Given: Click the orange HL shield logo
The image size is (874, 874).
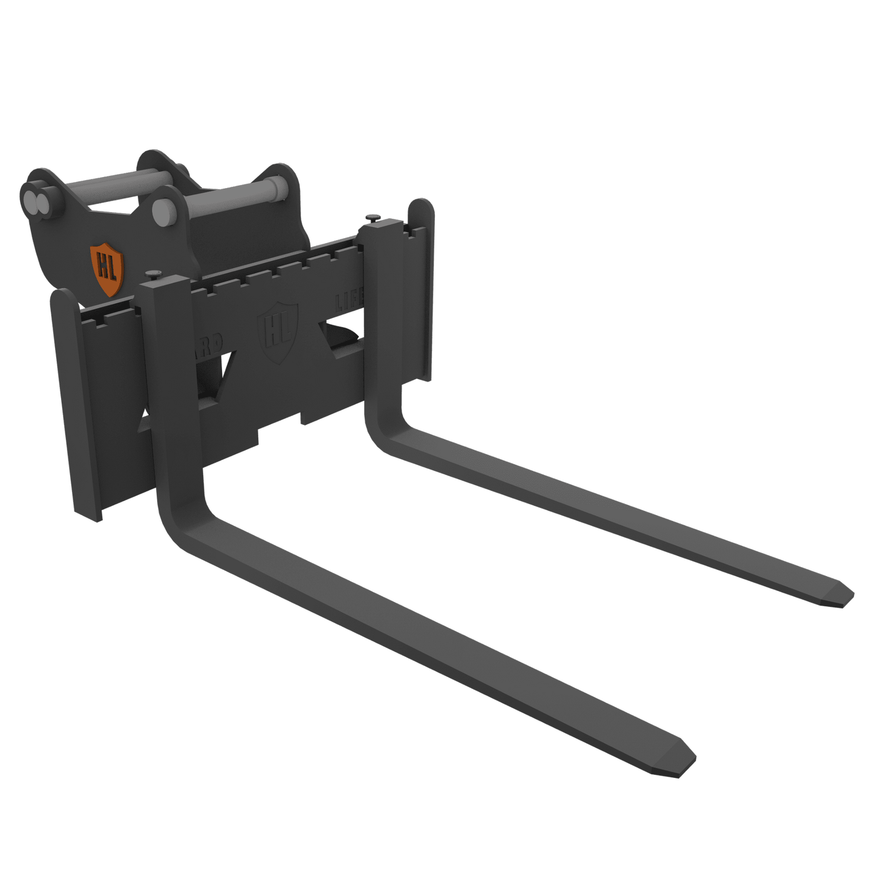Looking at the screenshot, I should pos(107,269).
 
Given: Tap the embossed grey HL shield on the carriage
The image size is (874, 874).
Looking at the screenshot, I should pos(278,332).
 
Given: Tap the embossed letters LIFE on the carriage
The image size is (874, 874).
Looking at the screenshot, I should pos(350,301).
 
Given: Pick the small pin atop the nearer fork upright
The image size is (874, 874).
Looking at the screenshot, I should pos(154,274).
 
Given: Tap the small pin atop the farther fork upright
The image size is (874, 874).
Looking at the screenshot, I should pos(373,216).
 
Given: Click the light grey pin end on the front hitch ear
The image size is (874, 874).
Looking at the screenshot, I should pos(161,211).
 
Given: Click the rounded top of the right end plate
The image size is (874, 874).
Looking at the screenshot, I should pos(421,209).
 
